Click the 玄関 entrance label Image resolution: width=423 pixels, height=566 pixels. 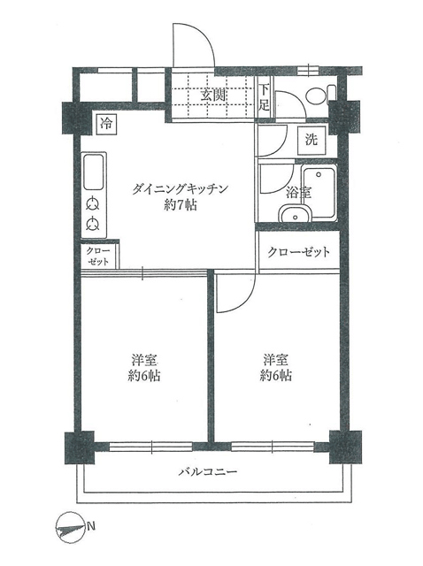213,95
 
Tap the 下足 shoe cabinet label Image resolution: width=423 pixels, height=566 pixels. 264,97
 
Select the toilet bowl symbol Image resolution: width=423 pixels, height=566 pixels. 320,95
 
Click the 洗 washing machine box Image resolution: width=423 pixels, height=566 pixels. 311,140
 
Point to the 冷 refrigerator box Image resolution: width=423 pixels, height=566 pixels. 106,124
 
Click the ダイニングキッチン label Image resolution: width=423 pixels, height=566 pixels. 181,188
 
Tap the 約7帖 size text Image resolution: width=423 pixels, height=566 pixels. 181,205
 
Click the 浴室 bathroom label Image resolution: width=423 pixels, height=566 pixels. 299,193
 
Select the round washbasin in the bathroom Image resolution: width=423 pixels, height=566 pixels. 295,214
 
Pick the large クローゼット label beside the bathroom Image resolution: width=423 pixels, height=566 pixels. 298,252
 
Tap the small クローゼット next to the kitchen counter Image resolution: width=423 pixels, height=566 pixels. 98,256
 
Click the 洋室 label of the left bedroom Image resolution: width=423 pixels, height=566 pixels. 143,360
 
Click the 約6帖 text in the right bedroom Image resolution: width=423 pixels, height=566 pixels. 275,375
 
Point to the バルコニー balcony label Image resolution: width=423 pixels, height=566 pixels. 208,471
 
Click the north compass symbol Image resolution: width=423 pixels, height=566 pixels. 69,529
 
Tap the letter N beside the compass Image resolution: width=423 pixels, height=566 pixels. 91,526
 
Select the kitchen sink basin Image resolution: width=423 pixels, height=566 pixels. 94,172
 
